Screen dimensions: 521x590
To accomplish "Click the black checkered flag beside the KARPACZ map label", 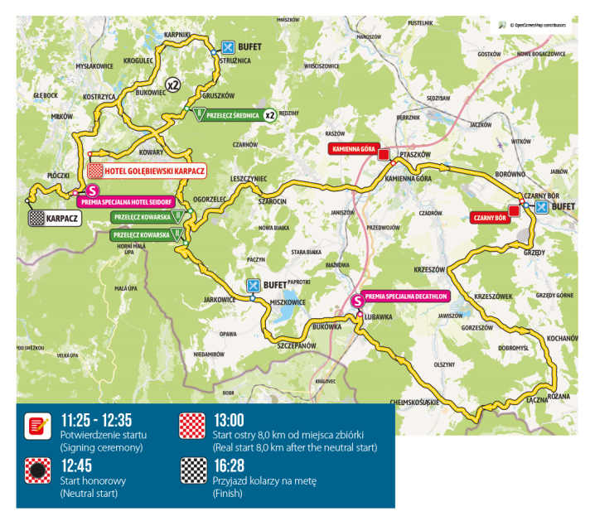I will coord(36,219).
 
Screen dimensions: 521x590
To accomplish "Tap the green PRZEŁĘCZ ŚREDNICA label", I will coord(232,115).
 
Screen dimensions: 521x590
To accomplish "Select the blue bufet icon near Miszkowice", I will coord(253,287).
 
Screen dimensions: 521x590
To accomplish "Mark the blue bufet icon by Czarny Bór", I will coord(540,207).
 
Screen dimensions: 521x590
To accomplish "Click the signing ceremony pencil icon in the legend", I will coord(36,426).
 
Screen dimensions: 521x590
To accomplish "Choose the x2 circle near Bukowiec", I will coord(172,84).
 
